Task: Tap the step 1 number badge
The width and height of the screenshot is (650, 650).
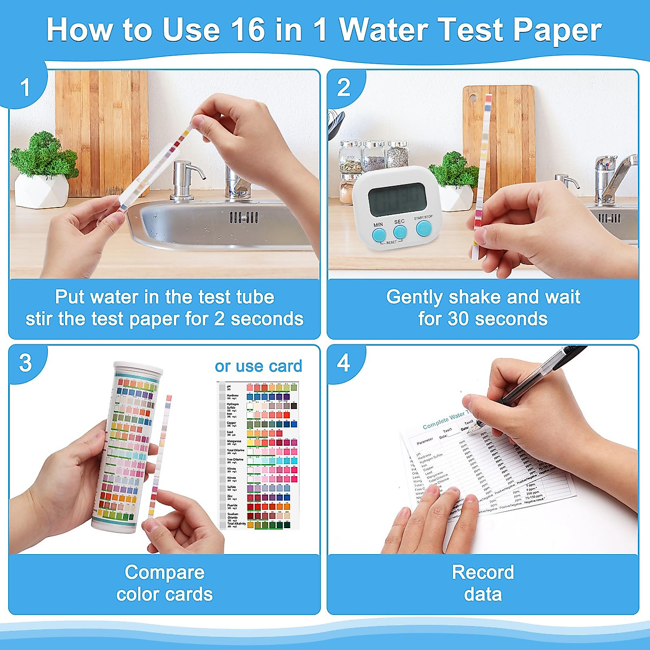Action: pos(25,88)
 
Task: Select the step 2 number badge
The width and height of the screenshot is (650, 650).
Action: pos(343,88)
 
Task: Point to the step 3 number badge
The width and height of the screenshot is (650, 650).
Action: pos(25,363)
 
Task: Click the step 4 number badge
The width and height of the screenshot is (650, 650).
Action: pos(343,363)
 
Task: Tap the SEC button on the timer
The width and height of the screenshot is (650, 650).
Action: pos(400,232)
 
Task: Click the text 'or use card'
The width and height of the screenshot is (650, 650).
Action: pos(258,366)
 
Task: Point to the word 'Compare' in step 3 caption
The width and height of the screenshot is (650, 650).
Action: pos(165,573)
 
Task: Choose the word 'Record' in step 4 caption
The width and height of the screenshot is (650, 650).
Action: pos(483,573)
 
